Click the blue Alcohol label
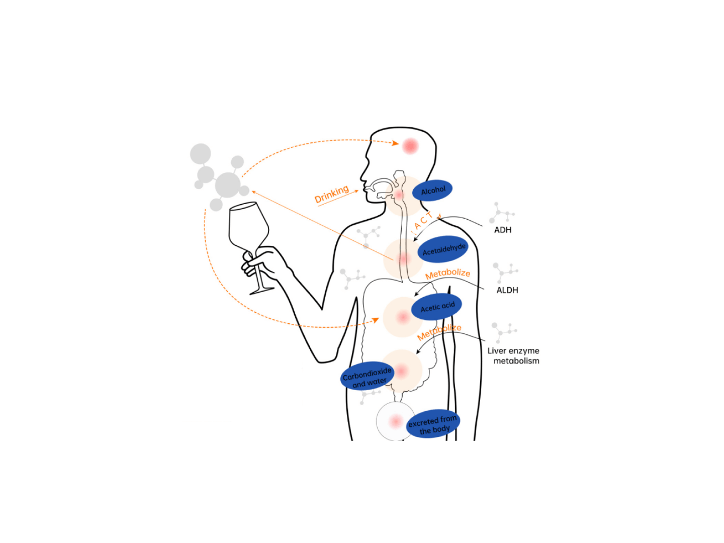[432, 191]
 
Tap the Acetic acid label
[437, 307]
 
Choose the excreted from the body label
[433, 424]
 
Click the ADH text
[503, 230]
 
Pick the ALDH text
[507, 290]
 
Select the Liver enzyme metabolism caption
[514, 355]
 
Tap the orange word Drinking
[332, 194]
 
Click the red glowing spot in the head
[410, 146]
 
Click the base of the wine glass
[261, 290]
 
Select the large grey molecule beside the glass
[227, 185]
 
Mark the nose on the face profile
[363, 176]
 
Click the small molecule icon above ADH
[502, 213]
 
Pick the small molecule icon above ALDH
[505, 273]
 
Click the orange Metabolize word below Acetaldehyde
[447, 274]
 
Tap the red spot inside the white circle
[396, 421]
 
